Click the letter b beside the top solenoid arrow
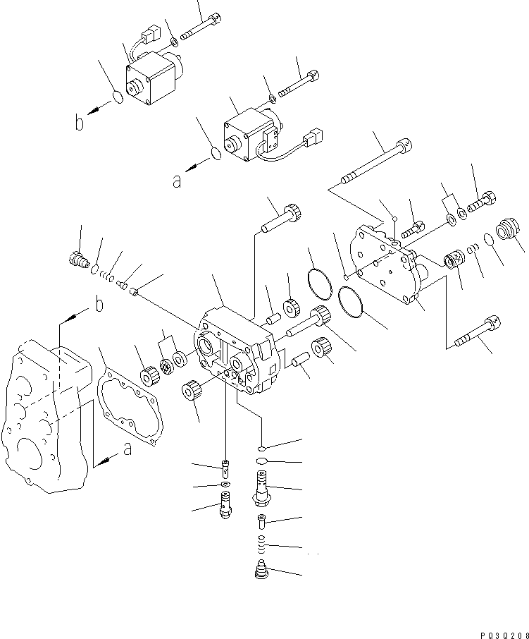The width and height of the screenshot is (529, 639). [x=80, y=124]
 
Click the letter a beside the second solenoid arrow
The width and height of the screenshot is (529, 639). [x=176, y=181]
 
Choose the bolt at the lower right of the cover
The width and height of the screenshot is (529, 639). [x=478, y=332]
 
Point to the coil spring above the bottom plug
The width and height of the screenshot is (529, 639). [x=263, y=544]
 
